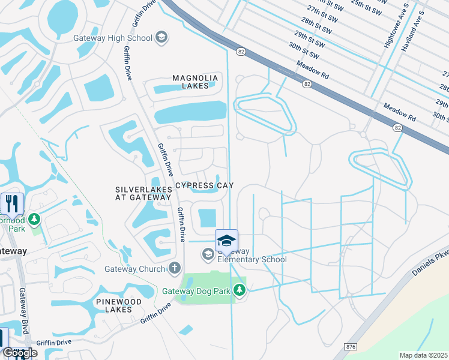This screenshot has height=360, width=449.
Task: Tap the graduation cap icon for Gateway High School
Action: click(x=161, y=38)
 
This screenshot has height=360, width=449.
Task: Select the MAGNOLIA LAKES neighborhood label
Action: click(x=191, y=82)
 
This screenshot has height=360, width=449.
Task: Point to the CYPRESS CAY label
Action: click(x=204, y=185)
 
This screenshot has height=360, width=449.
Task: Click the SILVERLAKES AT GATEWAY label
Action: click(x=143, y=193)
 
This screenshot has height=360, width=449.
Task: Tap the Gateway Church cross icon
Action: click(x=174, y=268)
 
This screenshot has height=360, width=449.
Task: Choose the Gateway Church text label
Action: click(x=134, y=269)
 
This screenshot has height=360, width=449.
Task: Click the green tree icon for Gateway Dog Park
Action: click(x=240, y=291)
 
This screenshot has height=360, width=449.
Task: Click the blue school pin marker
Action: click(x=226, y=241)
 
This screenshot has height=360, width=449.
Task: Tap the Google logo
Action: click(x=20, y=353)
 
